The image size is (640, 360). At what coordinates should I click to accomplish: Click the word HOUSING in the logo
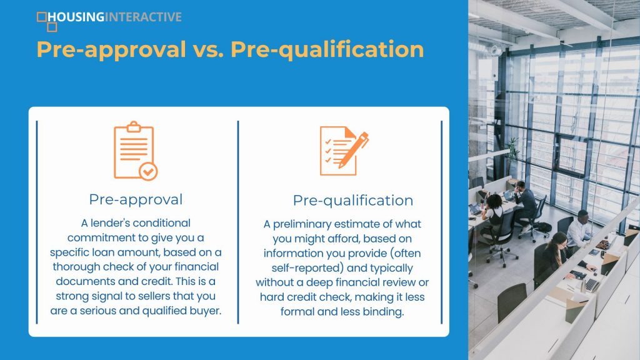tap(76, 17)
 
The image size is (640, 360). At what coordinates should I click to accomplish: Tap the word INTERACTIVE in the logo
tap(143, 17)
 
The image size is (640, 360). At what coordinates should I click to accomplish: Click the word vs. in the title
tap(208, 49)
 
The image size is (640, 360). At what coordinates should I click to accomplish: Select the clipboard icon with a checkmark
tap(136, 151)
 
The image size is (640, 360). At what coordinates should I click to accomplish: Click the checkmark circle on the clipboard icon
tap(148, 171)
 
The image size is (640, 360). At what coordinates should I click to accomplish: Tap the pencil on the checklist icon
tap(354, 150)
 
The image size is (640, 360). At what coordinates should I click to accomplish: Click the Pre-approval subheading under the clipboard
tap(136, 199)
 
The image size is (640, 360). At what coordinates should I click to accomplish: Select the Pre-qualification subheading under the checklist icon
tap(353, 201)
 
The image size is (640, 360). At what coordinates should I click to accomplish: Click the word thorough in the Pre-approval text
tap(76, 266)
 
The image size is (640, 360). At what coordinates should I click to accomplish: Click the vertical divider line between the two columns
tap(238, 222)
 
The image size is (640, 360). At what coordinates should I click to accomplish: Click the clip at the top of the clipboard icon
tap(134, 126)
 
